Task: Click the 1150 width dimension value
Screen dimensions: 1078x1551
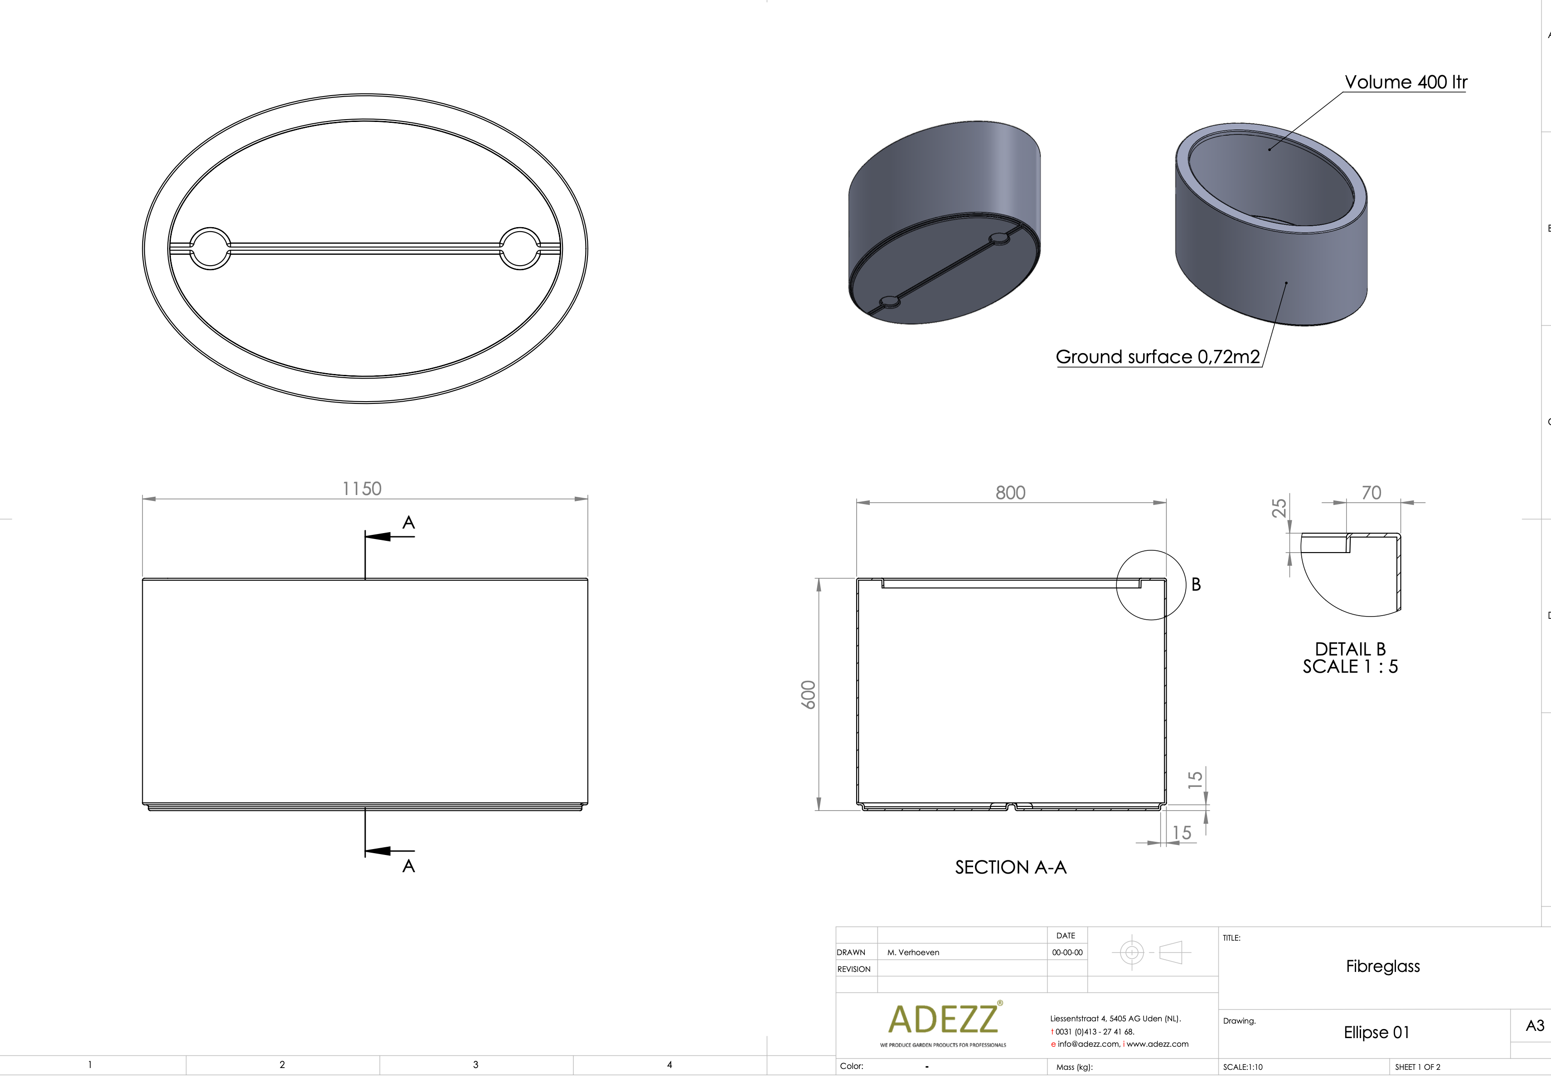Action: (362, 488)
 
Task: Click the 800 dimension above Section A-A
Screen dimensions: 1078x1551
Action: (1010, 492)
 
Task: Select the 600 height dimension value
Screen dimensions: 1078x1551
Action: (808, 694)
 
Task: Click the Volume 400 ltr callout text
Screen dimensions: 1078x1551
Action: (1406, 82)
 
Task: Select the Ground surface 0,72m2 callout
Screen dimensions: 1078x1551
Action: (1157, 357)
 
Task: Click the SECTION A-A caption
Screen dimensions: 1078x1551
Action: (1010, 867)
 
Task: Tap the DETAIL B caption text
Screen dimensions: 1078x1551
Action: (1350, 650)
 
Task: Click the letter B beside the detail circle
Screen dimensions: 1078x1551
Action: (1196, 585)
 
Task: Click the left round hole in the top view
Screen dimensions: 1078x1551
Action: (210, 248)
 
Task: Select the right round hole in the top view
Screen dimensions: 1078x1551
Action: (520, 248)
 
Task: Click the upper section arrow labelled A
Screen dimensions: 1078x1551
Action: (390, 536)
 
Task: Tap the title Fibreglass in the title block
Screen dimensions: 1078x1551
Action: (1382, 966)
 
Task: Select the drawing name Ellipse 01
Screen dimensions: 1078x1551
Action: (1376, 1033)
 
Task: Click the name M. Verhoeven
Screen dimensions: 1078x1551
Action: (913, 952)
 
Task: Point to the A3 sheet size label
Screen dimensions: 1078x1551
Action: (1534, 1026)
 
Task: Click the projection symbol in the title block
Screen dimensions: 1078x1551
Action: (1151, 953)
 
